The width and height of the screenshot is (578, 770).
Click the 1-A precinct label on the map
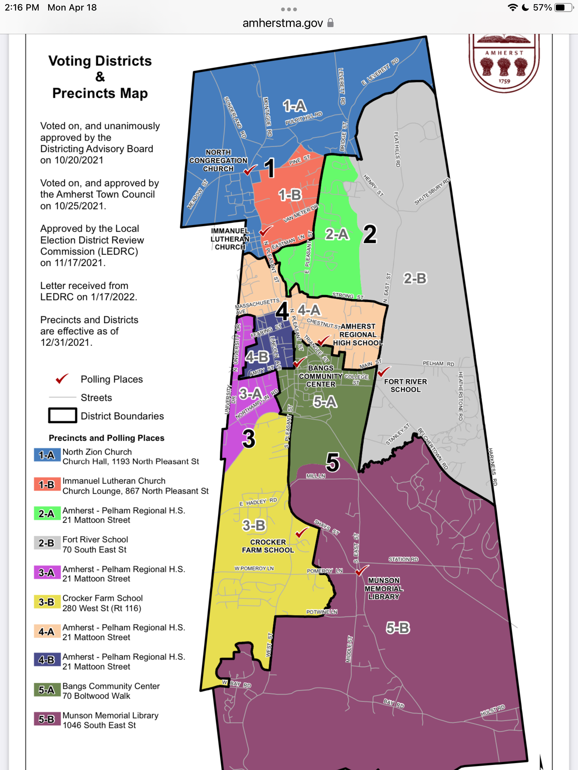(x=295, y=106)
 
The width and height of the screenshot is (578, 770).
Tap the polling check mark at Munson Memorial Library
(x=362, y=570)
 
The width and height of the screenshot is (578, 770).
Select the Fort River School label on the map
(x=405, y=385)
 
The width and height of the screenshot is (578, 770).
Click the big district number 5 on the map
(x=333, y=462)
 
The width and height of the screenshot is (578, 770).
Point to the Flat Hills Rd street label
(x=397, y=149)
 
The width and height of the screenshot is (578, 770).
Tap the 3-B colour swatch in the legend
(x=47, y=602)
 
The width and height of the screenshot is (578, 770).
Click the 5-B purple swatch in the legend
(x=47, y=719)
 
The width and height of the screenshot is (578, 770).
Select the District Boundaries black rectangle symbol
(x=62, y=415)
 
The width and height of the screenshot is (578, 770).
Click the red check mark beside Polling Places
(x=62, y=379)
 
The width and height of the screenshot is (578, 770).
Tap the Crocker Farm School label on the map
(x=268, y=546)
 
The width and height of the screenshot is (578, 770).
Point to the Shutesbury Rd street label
(x=432, y=191)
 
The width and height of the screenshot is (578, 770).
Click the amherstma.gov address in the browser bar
(x=283, y=23)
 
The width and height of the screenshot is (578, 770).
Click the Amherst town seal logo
(x=504, y=62)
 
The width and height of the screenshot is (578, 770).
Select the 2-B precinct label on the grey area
(x=415, y=279)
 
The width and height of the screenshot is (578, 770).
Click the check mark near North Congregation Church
(x=250, y=170)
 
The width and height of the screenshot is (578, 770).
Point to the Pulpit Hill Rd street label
(x=304, y=118)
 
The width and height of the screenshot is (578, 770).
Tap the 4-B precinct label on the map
(x=257, y=357)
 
